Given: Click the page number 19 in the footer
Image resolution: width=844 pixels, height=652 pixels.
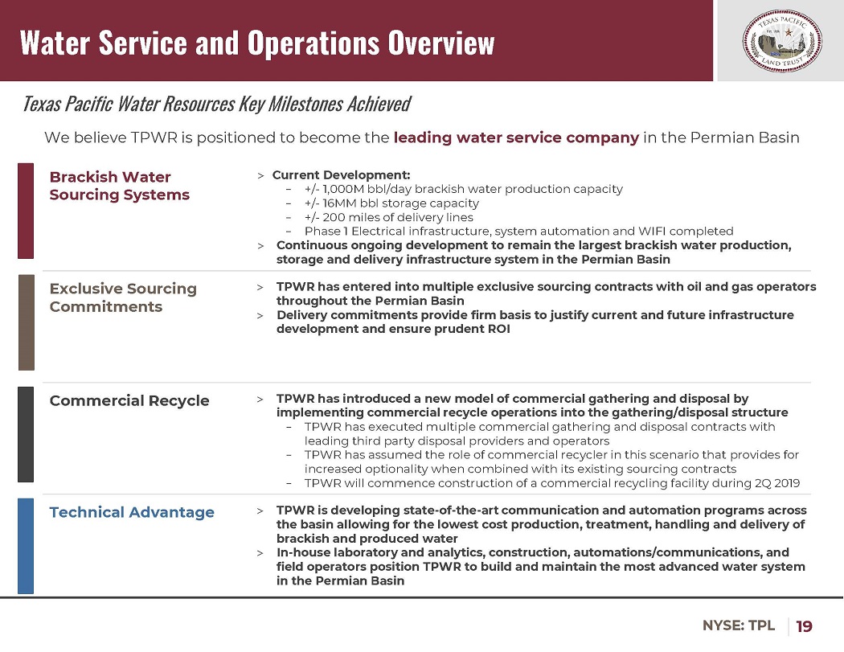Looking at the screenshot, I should tap(804, 626).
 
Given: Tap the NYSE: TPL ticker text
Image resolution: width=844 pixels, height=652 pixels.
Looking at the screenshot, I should tap(739, 625).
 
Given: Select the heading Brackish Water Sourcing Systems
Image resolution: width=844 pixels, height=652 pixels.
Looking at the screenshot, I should tap(120, 186).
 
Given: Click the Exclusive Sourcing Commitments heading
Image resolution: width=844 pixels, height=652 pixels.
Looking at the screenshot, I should tap(123, 297).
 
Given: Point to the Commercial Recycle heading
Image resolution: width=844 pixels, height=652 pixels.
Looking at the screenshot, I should tap(129, 400).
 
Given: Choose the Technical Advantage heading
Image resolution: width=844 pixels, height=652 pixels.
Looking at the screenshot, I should tap(132, 512).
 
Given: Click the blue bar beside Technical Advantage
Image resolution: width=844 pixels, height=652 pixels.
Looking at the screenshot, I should tap(26, 545).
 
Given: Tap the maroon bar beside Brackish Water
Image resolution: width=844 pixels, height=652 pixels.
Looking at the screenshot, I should tap(26, 211).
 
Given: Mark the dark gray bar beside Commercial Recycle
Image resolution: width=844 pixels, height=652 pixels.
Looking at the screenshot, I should tap(26, 434).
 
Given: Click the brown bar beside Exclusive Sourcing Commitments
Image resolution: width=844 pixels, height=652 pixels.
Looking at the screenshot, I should tap(26, 322).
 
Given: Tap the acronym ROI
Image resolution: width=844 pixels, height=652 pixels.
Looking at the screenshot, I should tap(498, 329).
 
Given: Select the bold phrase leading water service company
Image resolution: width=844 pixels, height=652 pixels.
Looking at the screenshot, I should tap(516, 137).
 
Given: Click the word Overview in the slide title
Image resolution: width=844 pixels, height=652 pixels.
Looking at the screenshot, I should tap(440, 42).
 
